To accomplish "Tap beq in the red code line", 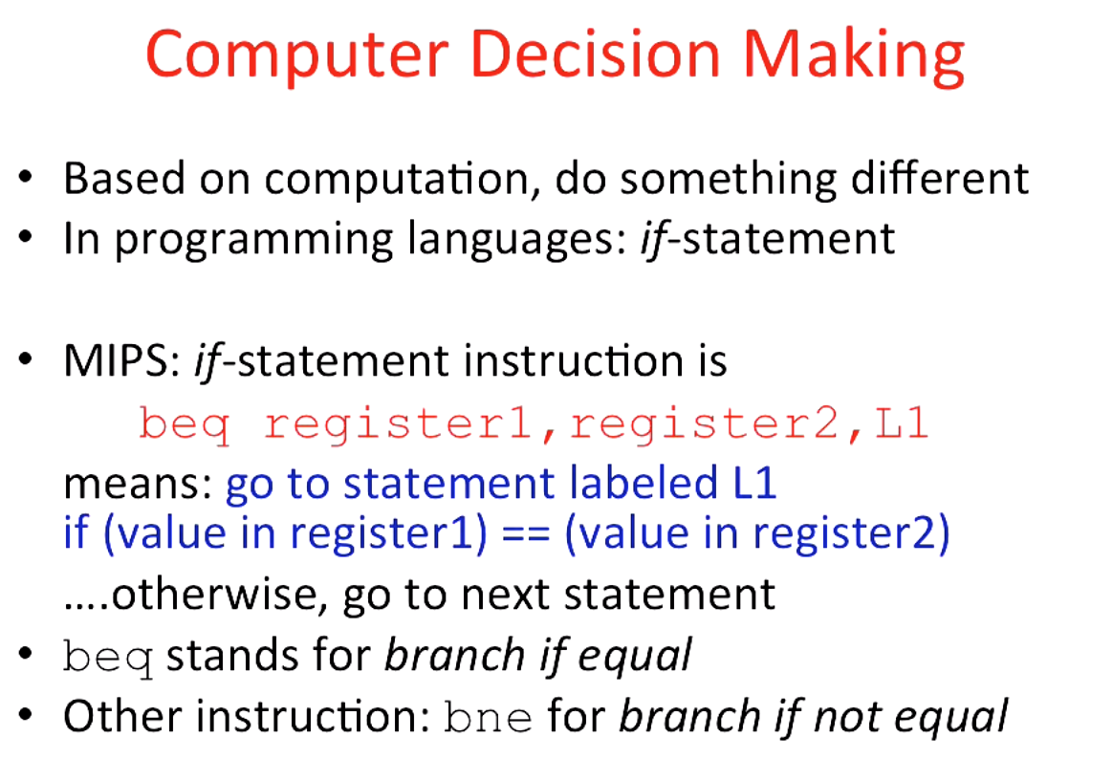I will (185, 423).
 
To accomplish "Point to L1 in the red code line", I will (902, 423).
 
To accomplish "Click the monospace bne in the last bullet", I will (489, 717).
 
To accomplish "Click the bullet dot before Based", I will (30, 180).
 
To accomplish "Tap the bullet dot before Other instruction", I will (30, 717).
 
